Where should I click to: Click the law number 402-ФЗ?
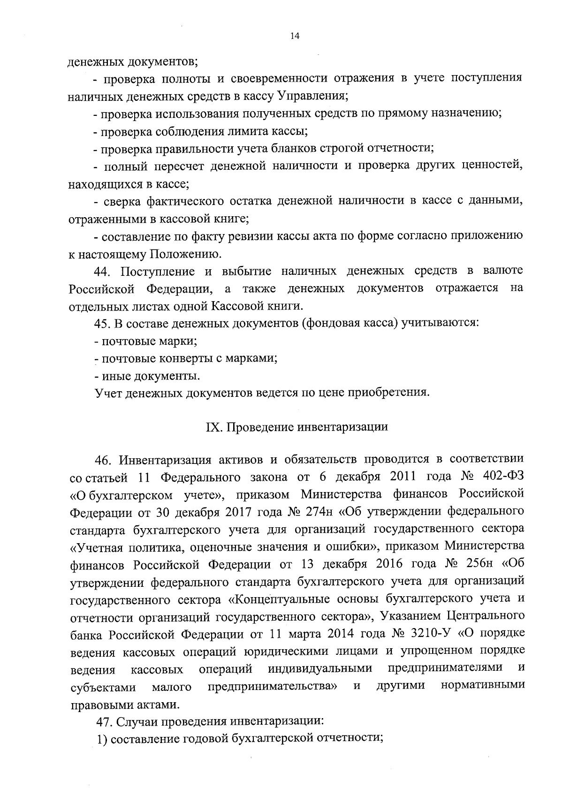point(502,477)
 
